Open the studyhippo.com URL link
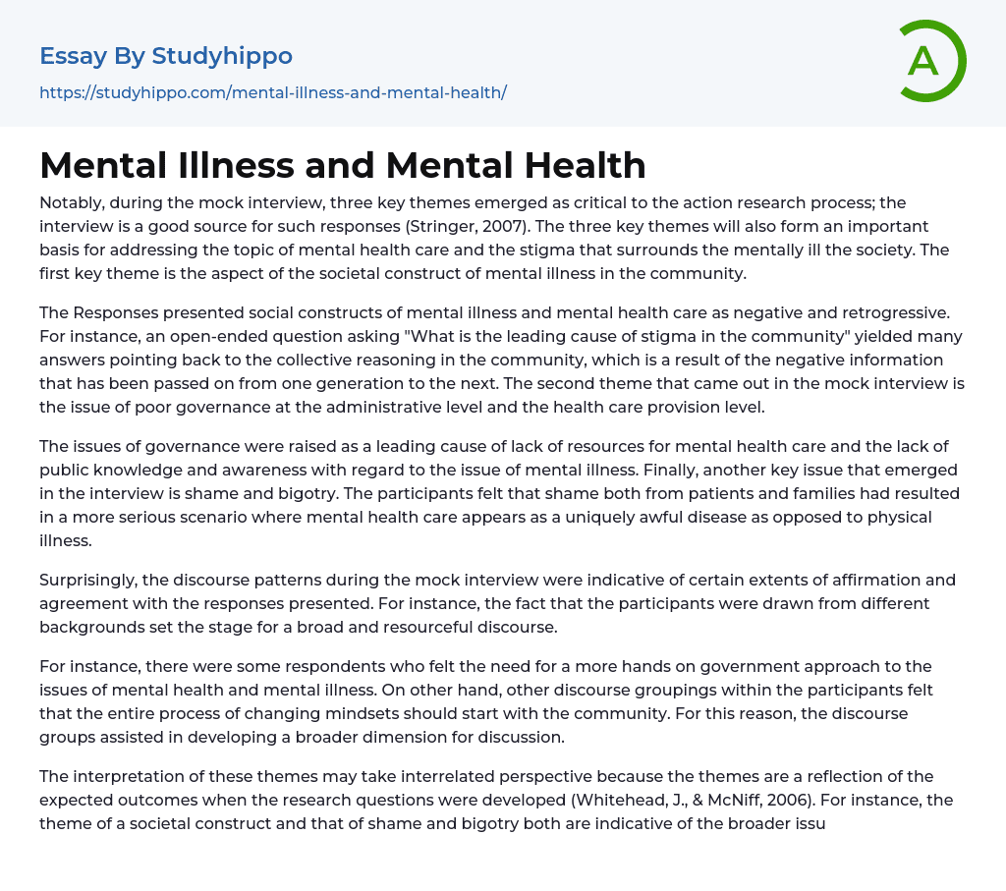tap(273, 93)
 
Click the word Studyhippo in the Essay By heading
tap(222, 56)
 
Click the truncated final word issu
tap(807, 823)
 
